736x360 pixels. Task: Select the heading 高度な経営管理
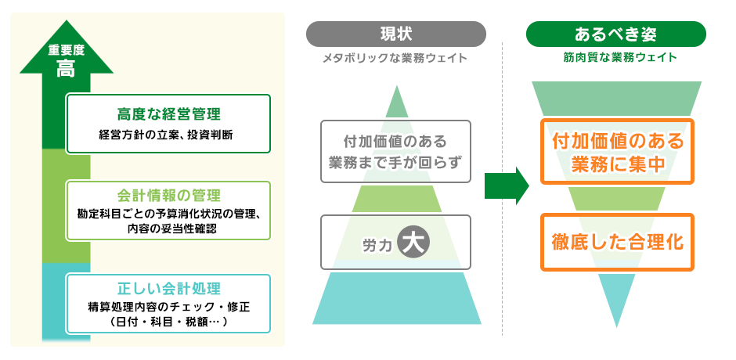click(168, 114)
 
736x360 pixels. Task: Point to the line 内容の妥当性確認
click(168, 229)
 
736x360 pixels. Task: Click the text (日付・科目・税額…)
click(168, 321)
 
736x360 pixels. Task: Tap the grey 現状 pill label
click(395, 34)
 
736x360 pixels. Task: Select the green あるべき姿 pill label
click(615, 34)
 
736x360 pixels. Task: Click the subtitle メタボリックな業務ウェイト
click(395, 58)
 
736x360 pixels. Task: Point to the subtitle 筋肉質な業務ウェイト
click(615, 58)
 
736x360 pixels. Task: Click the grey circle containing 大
click(413, 242)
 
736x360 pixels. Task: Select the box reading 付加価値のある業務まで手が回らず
click(395, 151)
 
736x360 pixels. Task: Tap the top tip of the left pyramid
click(397, 89)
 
